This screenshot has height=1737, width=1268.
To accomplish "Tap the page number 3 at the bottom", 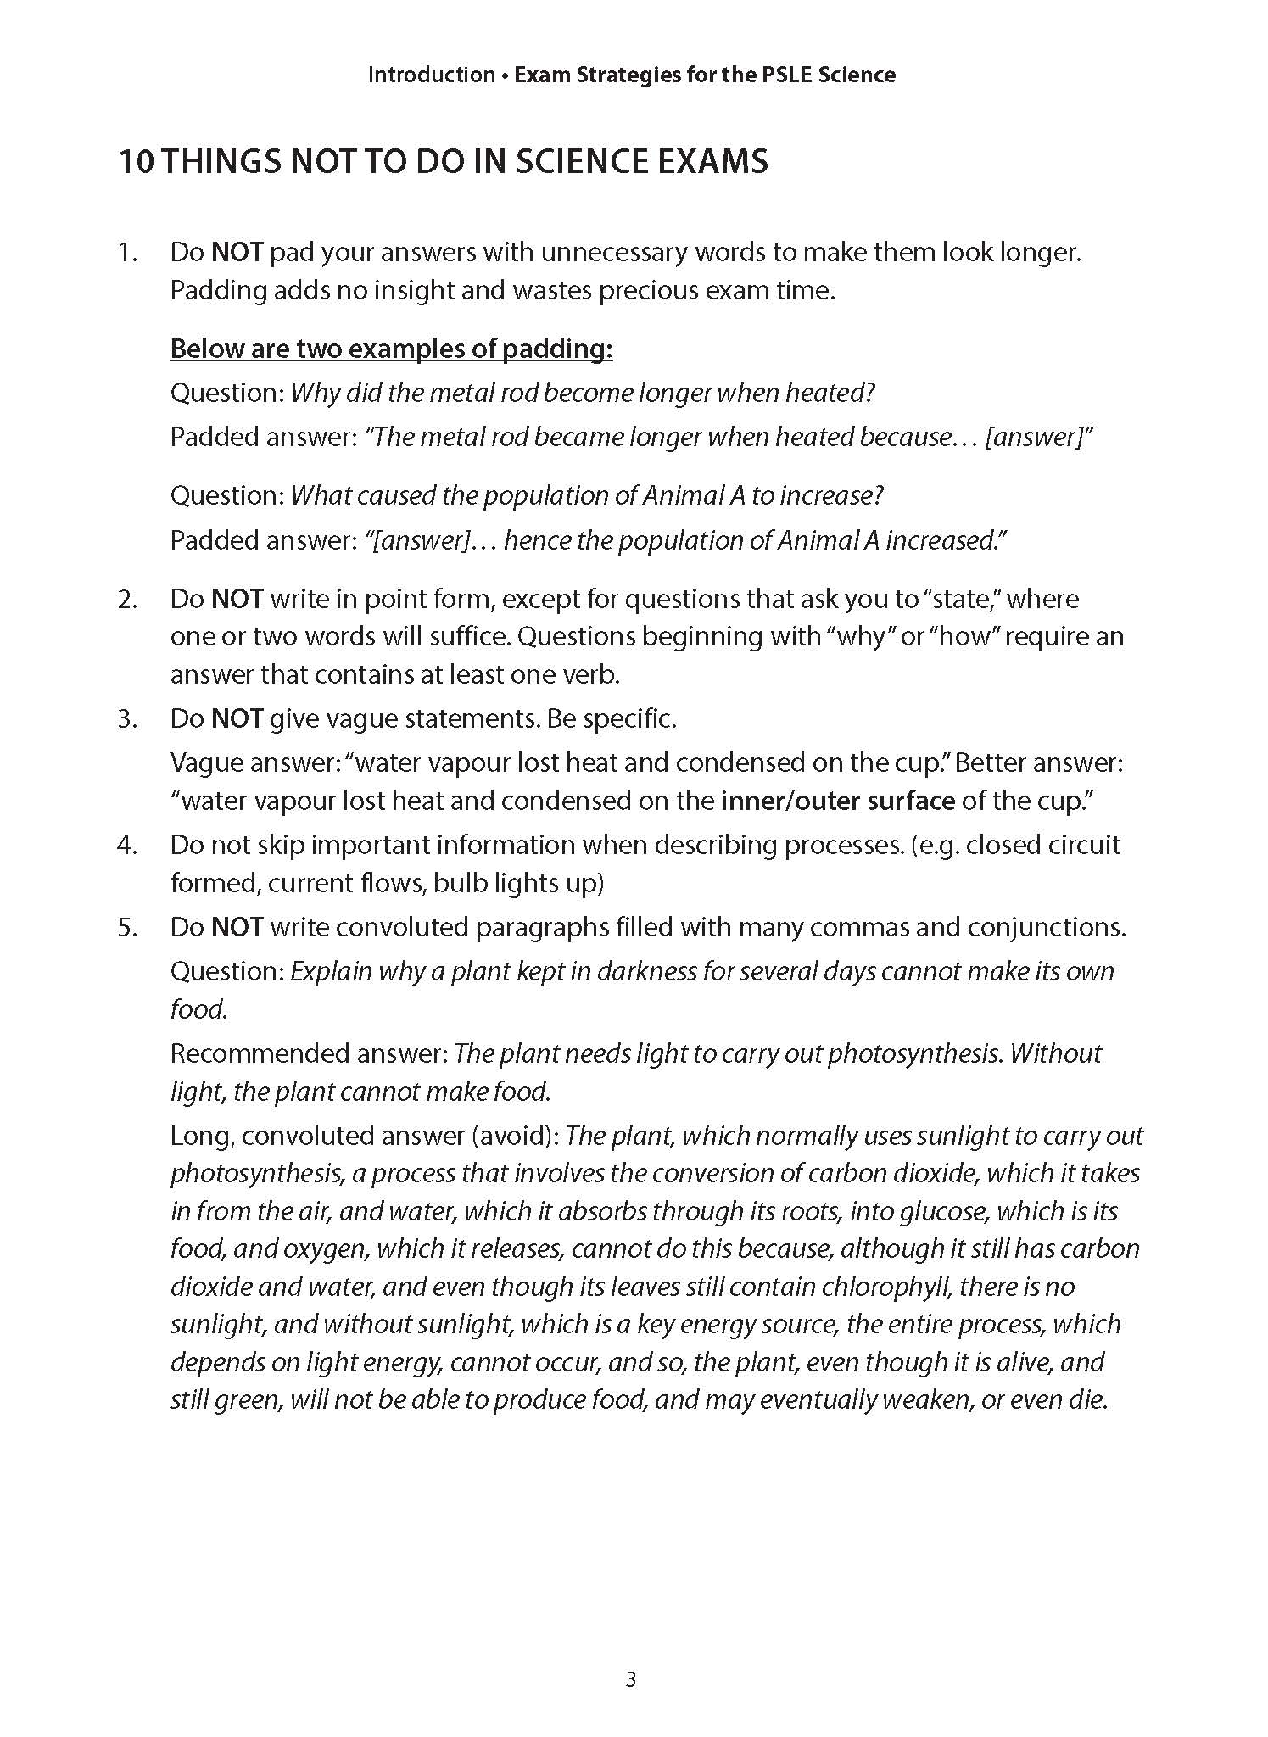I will [x=630, y=1679].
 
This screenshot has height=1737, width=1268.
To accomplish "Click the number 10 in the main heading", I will [x=136, y=161].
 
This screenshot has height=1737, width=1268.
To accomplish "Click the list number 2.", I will [x=128, y=599].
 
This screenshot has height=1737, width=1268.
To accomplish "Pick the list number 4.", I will [x=128, y=845].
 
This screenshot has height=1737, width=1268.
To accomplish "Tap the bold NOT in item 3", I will [x=237, y=719].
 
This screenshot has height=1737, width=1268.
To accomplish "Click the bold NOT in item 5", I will [x=237, y=927].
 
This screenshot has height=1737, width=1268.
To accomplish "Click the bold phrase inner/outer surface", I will [x=837, y=801].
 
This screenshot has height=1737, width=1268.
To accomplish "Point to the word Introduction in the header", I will [x=431, y=75].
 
